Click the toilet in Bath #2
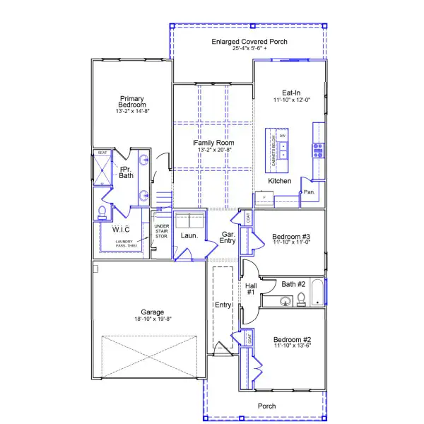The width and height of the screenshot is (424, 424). pyautogui.click(x=302, y=299)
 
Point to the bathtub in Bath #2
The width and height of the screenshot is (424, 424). pyautogui.click(x=317, y=293)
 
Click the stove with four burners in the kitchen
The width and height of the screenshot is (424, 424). pyautogui.click(x=317, y=150)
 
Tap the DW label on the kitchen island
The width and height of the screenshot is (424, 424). pyautogui.click(x=283, y=136)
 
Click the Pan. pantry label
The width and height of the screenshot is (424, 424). pyautogui.click(x=309, y=192)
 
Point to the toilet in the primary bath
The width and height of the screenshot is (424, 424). pyautogui.click(x=102, y=211)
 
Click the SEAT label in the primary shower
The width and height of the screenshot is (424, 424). pyautogui.click(x=102, y=152)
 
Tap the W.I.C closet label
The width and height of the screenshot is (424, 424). pyautogui.click(x=121, y=229)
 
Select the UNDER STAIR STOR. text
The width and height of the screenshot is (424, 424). pyautogui.click(x=161, y=232)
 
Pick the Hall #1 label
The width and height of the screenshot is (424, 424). pyautogui.click(x=250, y=289)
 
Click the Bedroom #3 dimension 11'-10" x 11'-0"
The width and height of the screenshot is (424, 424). pyautogui.click(x=291, y=242)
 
